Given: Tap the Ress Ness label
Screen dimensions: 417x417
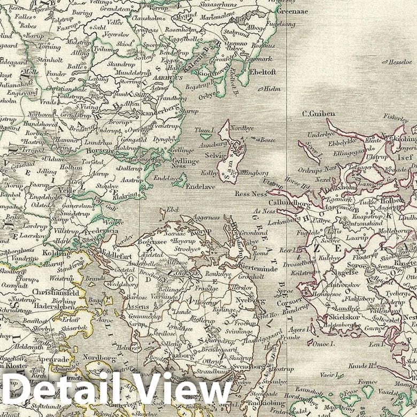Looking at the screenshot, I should coord(251,194).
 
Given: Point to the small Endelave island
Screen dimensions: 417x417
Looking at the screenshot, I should coord(180,181).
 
